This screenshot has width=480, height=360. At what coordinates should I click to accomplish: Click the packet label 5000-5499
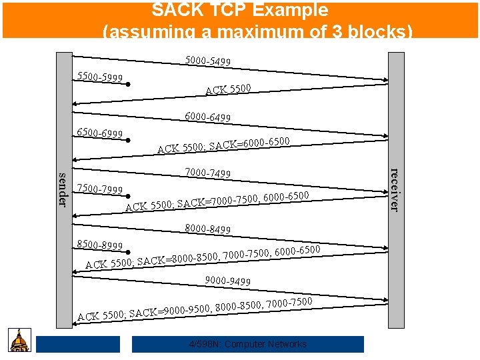point(208,61)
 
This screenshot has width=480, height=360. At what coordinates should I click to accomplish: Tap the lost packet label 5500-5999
point(100,78)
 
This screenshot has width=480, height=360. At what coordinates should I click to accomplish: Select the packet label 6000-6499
point(208,117)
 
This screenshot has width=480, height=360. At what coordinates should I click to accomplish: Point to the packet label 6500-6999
point(100,133)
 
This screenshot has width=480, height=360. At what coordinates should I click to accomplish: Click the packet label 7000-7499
point(208,173)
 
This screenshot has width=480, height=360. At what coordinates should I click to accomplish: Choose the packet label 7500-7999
point(101,189)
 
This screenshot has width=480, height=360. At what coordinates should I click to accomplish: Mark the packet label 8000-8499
point(208,229)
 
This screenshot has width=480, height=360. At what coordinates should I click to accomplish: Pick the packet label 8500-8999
point(101,245)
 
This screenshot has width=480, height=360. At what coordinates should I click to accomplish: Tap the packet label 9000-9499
point(228,281)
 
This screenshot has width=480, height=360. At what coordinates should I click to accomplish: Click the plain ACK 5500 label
point(228,89)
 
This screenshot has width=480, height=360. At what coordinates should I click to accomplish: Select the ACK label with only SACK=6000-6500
point(223,145)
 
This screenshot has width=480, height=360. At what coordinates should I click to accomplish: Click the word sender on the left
point(63,189)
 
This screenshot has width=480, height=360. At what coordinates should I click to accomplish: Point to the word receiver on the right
point(395,189)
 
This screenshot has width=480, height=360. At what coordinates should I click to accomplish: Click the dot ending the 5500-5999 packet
point(127,85)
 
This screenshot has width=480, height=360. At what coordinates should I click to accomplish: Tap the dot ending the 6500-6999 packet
point(127,141)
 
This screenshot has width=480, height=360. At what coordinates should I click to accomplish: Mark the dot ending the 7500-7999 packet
point(127,197)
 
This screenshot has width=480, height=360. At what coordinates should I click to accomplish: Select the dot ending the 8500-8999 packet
point(127,253)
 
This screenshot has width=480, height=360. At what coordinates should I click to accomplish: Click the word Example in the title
point(292,10)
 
